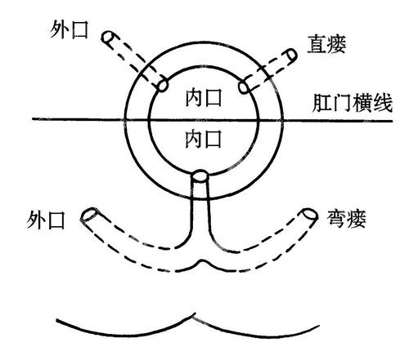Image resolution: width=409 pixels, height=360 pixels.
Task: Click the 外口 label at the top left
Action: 69,30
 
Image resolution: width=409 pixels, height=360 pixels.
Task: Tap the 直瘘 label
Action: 326,44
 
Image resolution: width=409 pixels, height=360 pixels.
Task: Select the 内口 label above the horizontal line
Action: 204,98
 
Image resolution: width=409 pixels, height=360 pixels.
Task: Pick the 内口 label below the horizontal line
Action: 203,139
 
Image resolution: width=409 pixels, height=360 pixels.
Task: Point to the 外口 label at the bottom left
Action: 46,220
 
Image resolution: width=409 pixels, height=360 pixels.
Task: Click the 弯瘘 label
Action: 346,219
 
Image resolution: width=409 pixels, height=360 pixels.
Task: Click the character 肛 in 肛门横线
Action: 322,104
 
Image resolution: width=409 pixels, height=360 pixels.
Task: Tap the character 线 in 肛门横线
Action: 383,104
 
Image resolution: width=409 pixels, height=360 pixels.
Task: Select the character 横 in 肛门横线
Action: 362,104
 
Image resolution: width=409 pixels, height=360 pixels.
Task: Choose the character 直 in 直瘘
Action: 317,44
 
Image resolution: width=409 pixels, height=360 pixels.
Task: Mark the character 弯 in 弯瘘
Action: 336,219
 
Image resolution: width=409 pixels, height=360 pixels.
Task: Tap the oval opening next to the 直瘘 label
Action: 292,55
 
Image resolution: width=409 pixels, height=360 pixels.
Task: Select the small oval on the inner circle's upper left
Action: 162,85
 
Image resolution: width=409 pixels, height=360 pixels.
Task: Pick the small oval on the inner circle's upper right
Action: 244,87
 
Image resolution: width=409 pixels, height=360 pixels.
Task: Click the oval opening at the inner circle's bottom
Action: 200,176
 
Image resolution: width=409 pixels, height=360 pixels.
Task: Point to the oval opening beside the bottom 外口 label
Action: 89,214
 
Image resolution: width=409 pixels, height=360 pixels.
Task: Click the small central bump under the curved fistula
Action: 202,263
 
